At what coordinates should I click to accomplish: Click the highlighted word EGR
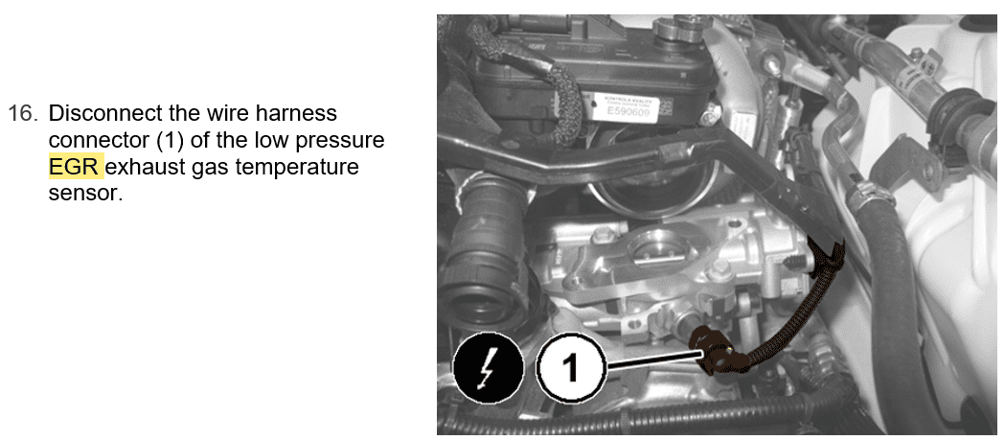click(75, 167)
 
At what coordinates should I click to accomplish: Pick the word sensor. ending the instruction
click(85, 194)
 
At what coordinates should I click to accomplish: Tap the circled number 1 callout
click(570, 369)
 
